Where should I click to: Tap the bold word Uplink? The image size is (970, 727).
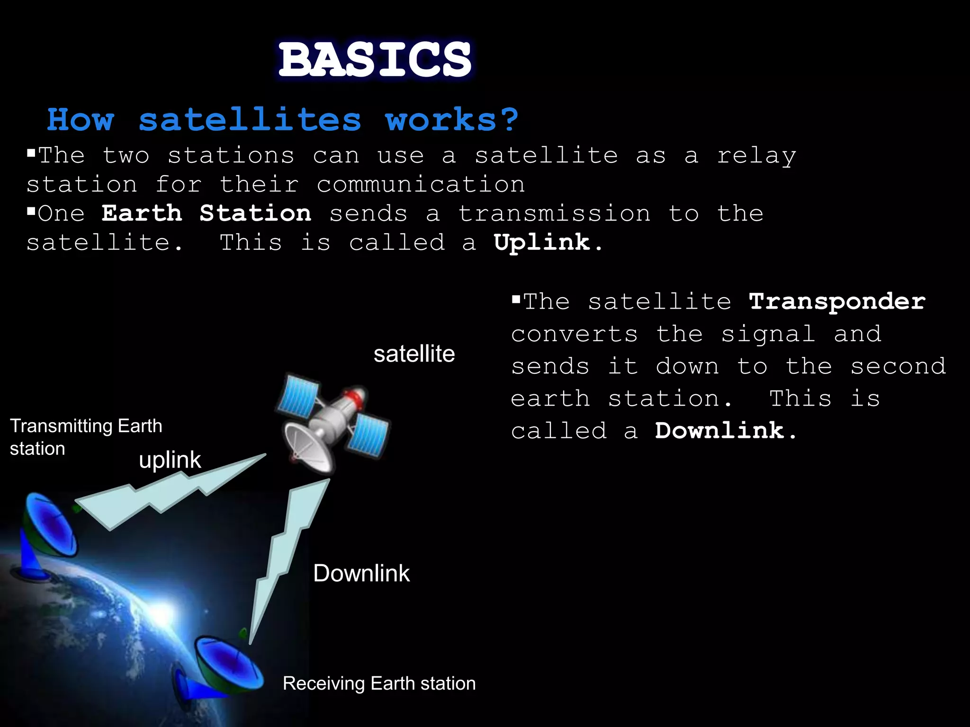(x=542, y=243)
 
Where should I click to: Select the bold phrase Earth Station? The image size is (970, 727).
(x=207, y=213)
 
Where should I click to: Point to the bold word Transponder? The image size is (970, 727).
(x=837, y=301)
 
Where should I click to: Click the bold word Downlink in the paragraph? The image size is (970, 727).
(x=719, y=431)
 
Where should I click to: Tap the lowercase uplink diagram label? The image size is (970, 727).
(x=170, y=460)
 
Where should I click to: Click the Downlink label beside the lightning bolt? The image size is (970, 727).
(x=361, y=573)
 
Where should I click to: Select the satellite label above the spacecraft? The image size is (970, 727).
(x=414, y=354)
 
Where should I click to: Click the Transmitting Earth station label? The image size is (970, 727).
(x=85, y=437)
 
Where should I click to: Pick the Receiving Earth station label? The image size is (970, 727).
(x=379, y=683)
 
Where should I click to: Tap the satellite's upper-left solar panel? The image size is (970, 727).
(x=297, y=395)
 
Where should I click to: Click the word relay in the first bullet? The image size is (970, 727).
(x=756, y=156)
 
